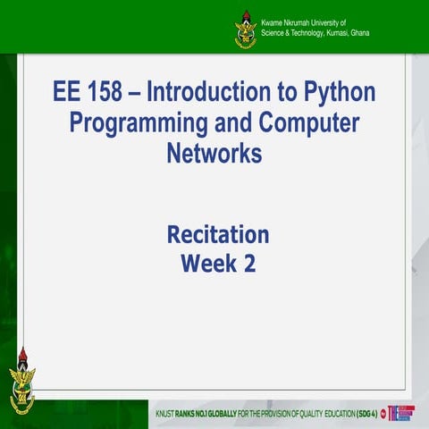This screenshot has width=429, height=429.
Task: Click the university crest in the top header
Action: click(245, 29)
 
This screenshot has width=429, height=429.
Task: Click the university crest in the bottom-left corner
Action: click(22, 381)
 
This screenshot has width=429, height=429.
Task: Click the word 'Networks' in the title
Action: click(214, 154)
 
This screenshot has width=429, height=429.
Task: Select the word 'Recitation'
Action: click(217, 235)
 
